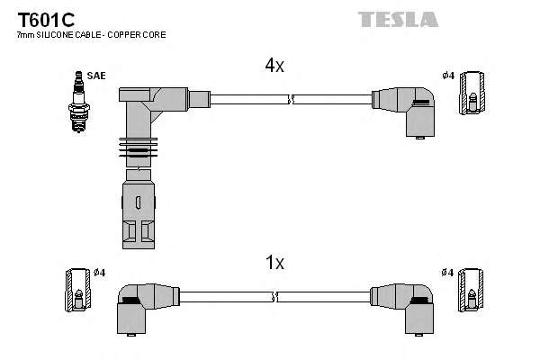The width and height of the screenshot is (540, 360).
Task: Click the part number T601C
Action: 40,19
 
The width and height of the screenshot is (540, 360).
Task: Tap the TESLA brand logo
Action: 398,19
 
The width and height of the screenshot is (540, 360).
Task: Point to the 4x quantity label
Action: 274,66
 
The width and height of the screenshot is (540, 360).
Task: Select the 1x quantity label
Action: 274,263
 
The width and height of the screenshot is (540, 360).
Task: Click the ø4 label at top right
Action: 447,75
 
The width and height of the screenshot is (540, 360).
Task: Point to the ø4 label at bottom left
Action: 99,272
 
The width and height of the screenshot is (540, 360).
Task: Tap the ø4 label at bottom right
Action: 447,272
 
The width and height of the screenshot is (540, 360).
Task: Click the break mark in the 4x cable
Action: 290,99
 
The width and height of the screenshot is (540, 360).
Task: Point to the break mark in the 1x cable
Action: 275,296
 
